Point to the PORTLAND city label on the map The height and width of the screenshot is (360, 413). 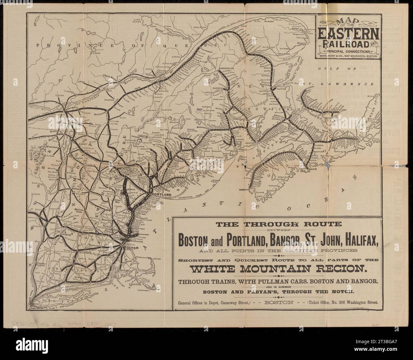tap(162, 194)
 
